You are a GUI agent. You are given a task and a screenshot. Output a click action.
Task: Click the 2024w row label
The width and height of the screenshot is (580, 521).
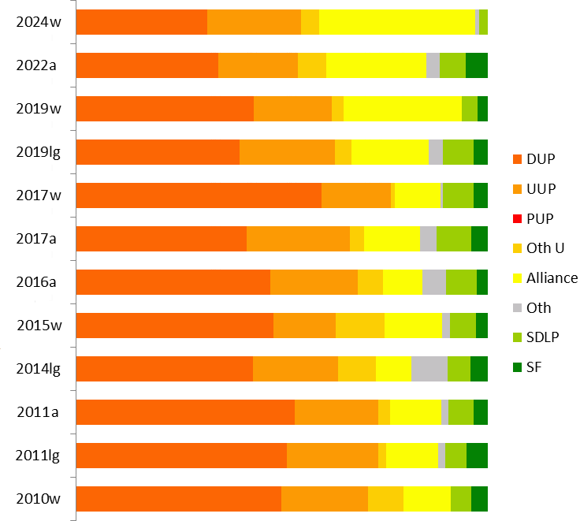pos(39,21)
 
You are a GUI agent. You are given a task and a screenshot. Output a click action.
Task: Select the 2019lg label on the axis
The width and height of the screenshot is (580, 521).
pos(39,151)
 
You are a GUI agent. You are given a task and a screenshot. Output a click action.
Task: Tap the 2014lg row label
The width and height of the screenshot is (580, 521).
pos(39,368)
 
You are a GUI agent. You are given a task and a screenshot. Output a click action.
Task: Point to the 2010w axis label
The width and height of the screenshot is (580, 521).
pos(39,498)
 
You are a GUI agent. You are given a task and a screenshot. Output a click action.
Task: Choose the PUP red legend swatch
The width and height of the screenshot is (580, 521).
pos(517,218)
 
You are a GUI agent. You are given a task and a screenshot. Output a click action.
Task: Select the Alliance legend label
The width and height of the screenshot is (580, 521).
pos(552,277)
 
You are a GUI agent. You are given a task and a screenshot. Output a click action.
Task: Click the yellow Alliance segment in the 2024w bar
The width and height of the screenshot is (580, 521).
pos(396,22)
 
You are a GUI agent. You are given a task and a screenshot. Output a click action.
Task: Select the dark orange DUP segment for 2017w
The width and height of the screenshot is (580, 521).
pos(199,195)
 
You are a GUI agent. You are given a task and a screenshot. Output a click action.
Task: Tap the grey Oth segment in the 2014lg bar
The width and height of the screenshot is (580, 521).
pos(429,369)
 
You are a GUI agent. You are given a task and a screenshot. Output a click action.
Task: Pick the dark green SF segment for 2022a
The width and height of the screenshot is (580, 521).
pos(476,65)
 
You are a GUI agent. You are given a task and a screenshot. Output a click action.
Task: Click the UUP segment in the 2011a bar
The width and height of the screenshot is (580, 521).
pos(336,412)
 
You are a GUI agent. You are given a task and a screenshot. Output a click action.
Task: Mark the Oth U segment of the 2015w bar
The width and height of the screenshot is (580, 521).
pos(359,326)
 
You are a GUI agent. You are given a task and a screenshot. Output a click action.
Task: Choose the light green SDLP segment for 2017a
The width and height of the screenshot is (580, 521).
pos(453,239)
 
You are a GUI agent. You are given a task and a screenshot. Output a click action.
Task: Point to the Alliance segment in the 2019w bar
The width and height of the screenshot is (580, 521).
pos(402,109)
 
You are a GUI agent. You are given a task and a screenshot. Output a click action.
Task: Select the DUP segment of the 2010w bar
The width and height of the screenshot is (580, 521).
pos(178,499)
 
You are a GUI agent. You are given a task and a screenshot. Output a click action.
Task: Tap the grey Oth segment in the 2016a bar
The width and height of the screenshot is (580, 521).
pos(433,282)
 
